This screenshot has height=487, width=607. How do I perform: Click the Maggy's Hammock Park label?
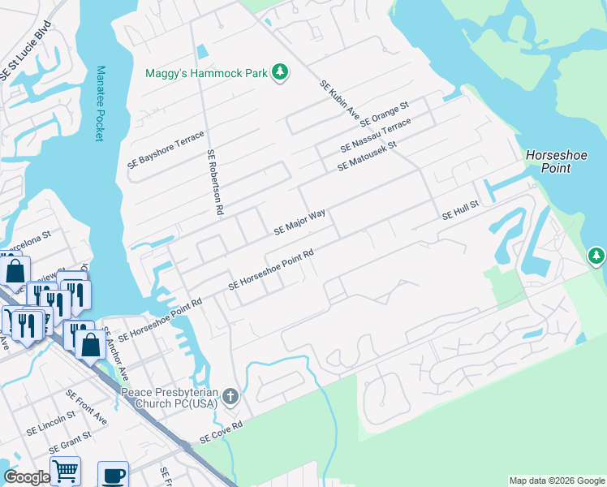coord(206,73)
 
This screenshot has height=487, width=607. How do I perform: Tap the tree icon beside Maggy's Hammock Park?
coord(280,72)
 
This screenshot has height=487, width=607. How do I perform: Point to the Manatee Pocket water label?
coord(100,104)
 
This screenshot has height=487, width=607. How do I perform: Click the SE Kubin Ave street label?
coord(339,101)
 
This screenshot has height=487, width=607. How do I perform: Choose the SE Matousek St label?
coord(366,156)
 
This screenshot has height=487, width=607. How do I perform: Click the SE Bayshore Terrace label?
coord(166,149)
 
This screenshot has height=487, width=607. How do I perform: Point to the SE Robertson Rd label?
coord(215,181)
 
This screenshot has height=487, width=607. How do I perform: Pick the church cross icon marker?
coord(230,397)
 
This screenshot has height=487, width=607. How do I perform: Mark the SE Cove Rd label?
coord(221,430)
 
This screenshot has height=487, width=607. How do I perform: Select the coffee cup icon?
coord(113,475)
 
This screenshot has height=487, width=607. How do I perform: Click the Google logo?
coord(27,477)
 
